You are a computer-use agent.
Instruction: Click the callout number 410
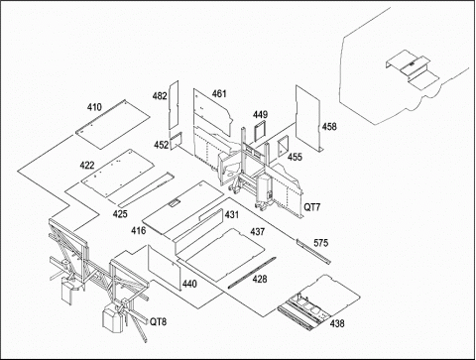94,107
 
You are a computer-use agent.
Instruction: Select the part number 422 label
87,165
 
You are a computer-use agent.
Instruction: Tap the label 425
120,214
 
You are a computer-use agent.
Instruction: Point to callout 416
138,230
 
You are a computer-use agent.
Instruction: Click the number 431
232,214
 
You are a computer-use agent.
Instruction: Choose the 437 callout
258,231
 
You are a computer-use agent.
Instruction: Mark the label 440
189,284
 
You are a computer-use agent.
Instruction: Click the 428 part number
260,279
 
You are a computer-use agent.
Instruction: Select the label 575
320,243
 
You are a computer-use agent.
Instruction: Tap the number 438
337,323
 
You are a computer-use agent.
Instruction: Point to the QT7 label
312,207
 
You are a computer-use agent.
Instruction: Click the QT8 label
158,321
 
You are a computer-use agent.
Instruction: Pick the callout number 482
160,96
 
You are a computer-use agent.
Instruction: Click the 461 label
219,94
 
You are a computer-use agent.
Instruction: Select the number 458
329,127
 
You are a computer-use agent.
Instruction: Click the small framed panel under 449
260,131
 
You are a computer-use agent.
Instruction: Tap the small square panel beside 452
177,141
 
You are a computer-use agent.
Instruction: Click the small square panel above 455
283,145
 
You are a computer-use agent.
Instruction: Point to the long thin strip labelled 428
252,273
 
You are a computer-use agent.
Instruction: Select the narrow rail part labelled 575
313,251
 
